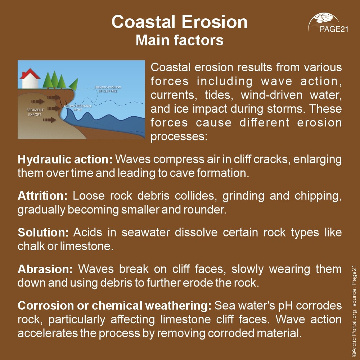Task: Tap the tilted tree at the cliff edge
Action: click(x=73, y=85)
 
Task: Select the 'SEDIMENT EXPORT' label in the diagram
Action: click(x=35, y=112)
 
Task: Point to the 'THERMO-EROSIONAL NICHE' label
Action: click(x=78, y=108)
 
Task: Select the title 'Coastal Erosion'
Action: click(x=179, y=22)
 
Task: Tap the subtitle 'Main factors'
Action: click(x=179, y=40)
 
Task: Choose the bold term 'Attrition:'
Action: click(x=42, y=196)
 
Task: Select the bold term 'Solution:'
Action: click(x=43, y=233)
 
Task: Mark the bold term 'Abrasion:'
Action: click(x=45, y=269)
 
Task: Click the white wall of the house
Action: click(x=30, y=82)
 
